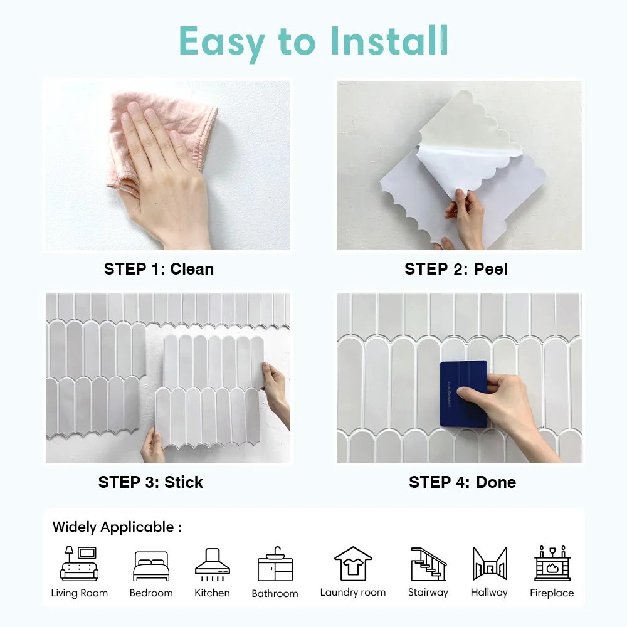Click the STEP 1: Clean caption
point(159,269)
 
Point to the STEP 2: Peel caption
point(456,269)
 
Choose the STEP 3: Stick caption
point(150,482)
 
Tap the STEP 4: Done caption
point(462,482)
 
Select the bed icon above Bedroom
point(151,566)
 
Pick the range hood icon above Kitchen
point(212,562)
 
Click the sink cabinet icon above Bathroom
point(275,564)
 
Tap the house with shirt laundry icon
point(353,563)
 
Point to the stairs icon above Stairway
point(428,564)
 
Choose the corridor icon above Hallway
point(489,564)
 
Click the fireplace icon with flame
point(552,564)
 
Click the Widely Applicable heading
point(117,527)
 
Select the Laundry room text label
point(353,593)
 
